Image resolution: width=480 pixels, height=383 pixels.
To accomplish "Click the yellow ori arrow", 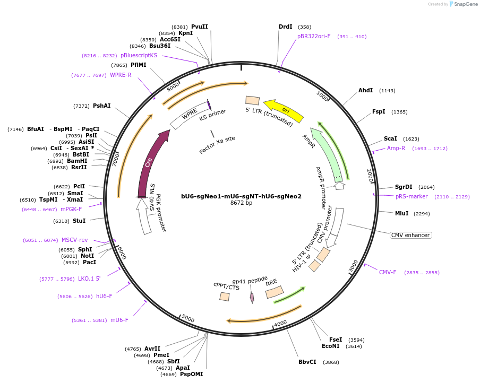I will click(284, 109).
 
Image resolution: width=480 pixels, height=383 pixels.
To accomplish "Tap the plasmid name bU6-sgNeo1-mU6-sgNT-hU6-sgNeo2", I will click(241, 196).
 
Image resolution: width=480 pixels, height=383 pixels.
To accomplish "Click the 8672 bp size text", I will click(241, 203).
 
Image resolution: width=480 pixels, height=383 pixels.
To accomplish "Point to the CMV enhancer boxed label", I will click(410, 235).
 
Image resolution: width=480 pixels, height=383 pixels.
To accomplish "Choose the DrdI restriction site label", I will click(286, 27).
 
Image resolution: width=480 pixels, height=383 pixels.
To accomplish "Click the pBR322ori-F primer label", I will click(314, 37).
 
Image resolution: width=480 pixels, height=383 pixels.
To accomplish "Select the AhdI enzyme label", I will click(365, 91).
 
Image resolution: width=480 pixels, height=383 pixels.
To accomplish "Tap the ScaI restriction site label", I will click(390, 139).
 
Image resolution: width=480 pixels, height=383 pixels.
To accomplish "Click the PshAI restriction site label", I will click(102, 106).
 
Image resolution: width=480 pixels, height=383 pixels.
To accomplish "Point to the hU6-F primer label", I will click(104, 296).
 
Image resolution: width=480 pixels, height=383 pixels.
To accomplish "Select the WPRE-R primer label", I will click(121, 75).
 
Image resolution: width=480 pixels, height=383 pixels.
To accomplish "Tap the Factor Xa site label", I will click(217, 145).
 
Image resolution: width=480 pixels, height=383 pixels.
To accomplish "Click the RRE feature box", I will click(275, 292).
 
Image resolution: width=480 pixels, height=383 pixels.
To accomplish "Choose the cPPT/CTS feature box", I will click(225, 297).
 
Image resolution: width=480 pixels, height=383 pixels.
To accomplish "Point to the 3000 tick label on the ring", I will click(353, 267).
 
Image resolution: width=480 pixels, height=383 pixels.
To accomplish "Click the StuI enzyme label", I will click(79, 221).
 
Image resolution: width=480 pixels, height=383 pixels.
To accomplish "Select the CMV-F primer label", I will click(388, 273).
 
